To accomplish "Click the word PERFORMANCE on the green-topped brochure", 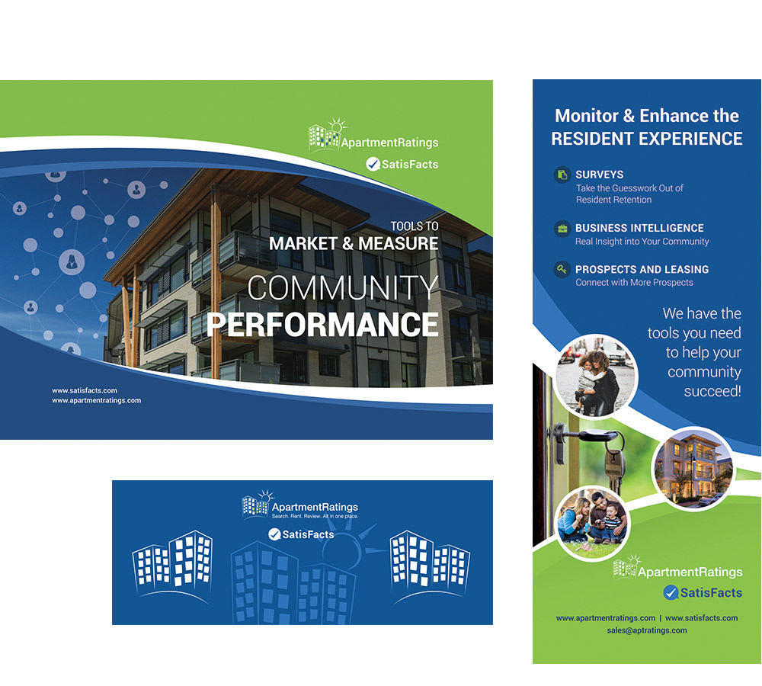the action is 322,325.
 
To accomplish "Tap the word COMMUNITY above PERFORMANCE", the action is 343,288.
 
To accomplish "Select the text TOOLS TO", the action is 415,226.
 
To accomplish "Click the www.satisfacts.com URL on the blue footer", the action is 85,390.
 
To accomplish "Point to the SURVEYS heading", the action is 599,175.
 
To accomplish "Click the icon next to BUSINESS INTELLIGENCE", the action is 562,229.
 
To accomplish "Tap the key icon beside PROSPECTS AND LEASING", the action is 562,269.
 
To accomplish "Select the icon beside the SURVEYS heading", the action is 562,175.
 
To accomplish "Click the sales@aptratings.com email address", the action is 647,630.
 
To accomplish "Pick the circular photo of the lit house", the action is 693,469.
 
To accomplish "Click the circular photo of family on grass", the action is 592,523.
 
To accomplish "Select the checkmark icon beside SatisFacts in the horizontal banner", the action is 274,534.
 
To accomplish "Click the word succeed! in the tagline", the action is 712,391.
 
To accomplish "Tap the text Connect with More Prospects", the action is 634,283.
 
